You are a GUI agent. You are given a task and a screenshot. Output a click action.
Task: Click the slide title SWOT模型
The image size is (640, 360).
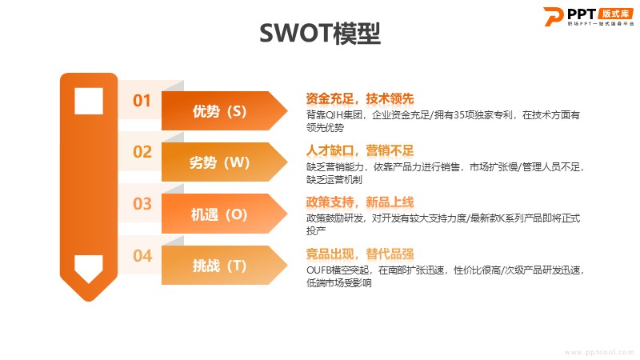319,33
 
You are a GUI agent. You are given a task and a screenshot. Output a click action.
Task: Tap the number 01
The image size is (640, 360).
142,101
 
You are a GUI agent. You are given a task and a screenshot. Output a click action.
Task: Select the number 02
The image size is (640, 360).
142,152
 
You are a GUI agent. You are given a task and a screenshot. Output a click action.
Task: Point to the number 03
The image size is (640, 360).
142,204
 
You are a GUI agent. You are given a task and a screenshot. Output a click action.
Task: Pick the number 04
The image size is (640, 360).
142,256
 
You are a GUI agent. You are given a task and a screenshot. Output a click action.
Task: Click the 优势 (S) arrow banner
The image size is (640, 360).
224,111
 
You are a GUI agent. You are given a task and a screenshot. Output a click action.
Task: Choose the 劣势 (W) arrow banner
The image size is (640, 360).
224,162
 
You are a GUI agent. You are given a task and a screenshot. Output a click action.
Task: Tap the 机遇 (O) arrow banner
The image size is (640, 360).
224,214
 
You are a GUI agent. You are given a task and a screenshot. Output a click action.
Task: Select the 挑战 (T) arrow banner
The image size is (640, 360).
224,266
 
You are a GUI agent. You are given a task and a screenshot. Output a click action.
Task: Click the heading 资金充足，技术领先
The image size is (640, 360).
359,98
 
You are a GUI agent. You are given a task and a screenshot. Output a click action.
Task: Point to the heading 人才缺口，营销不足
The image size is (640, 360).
359,150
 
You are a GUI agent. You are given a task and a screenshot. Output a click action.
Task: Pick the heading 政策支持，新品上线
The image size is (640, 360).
359,202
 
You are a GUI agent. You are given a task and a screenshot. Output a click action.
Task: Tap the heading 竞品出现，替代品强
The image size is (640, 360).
359,254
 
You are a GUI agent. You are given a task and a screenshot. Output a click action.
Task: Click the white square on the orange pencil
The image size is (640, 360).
89,101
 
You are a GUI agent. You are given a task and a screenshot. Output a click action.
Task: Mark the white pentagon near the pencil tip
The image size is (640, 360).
89,269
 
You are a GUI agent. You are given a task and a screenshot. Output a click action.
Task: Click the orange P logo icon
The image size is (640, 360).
553,17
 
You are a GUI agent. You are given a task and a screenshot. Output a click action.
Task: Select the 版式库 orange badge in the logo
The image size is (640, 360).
615,14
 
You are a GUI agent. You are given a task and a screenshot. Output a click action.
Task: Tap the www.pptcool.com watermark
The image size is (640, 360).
599,352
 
